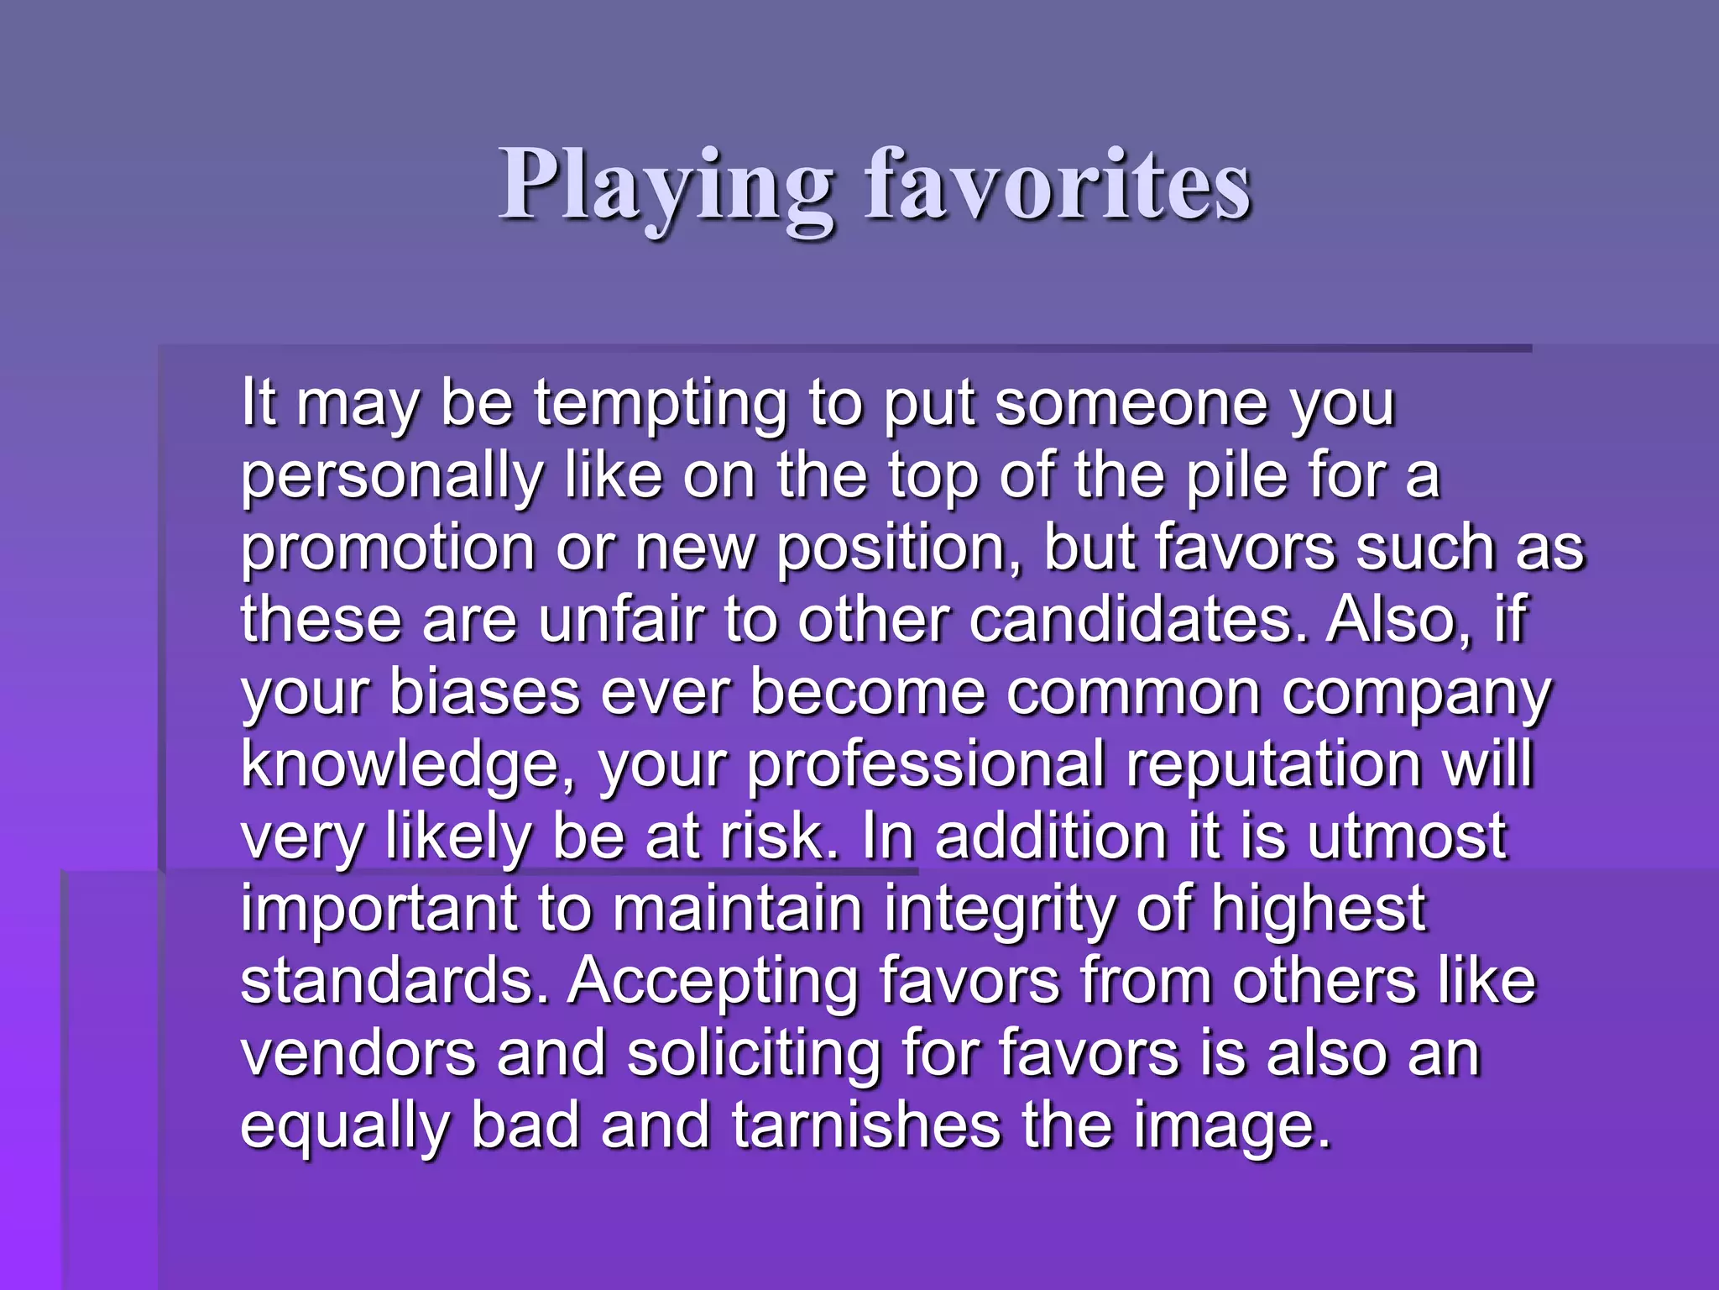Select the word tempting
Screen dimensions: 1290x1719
pyautogui.click(x=661, y=406)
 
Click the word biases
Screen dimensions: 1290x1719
pyautogui.click(x=484, y=693)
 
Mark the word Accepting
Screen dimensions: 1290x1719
pyautogui.click(x=713, y=983)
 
